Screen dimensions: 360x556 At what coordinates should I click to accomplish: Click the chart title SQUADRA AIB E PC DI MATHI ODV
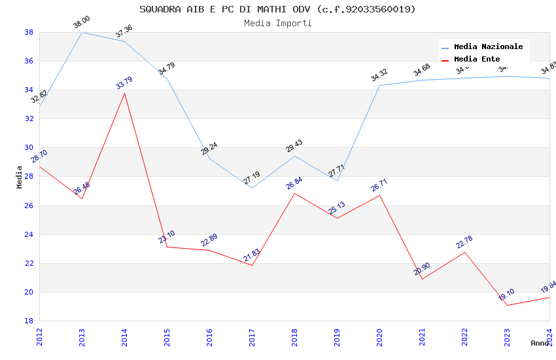click(277, 9)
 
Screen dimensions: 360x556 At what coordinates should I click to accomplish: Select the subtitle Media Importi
click(277, 23)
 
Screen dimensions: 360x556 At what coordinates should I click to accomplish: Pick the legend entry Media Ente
click(477, 60)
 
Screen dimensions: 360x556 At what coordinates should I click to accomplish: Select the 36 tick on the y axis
click(29, 62)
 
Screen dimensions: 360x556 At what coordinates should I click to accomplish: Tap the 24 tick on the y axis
click(29, 234)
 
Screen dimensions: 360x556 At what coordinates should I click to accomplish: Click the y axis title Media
click(20, 177)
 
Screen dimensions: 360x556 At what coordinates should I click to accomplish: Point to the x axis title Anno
click(540, 343)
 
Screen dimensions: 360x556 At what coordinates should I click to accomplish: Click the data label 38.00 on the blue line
click(82, 23)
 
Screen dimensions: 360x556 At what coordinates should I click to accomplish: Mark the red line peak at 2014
click(124, 93)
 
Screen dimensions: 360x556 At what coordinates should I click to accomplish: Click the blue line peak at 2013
click(82, 32)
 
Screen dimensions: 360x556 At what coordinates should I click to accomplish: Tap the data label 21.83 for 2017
click(252, 255)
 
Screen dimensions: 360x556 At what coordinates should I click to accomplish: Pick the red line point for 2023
click(507, 305)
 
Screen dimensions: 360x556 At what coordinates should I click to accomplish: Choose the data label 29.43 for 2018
click(294, 146)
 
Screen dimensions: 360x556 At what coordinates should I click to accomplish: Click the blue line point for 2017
click(252, 189)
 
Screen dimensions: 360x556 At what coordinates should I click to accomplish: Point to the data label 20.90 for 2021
click(422, 269)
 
